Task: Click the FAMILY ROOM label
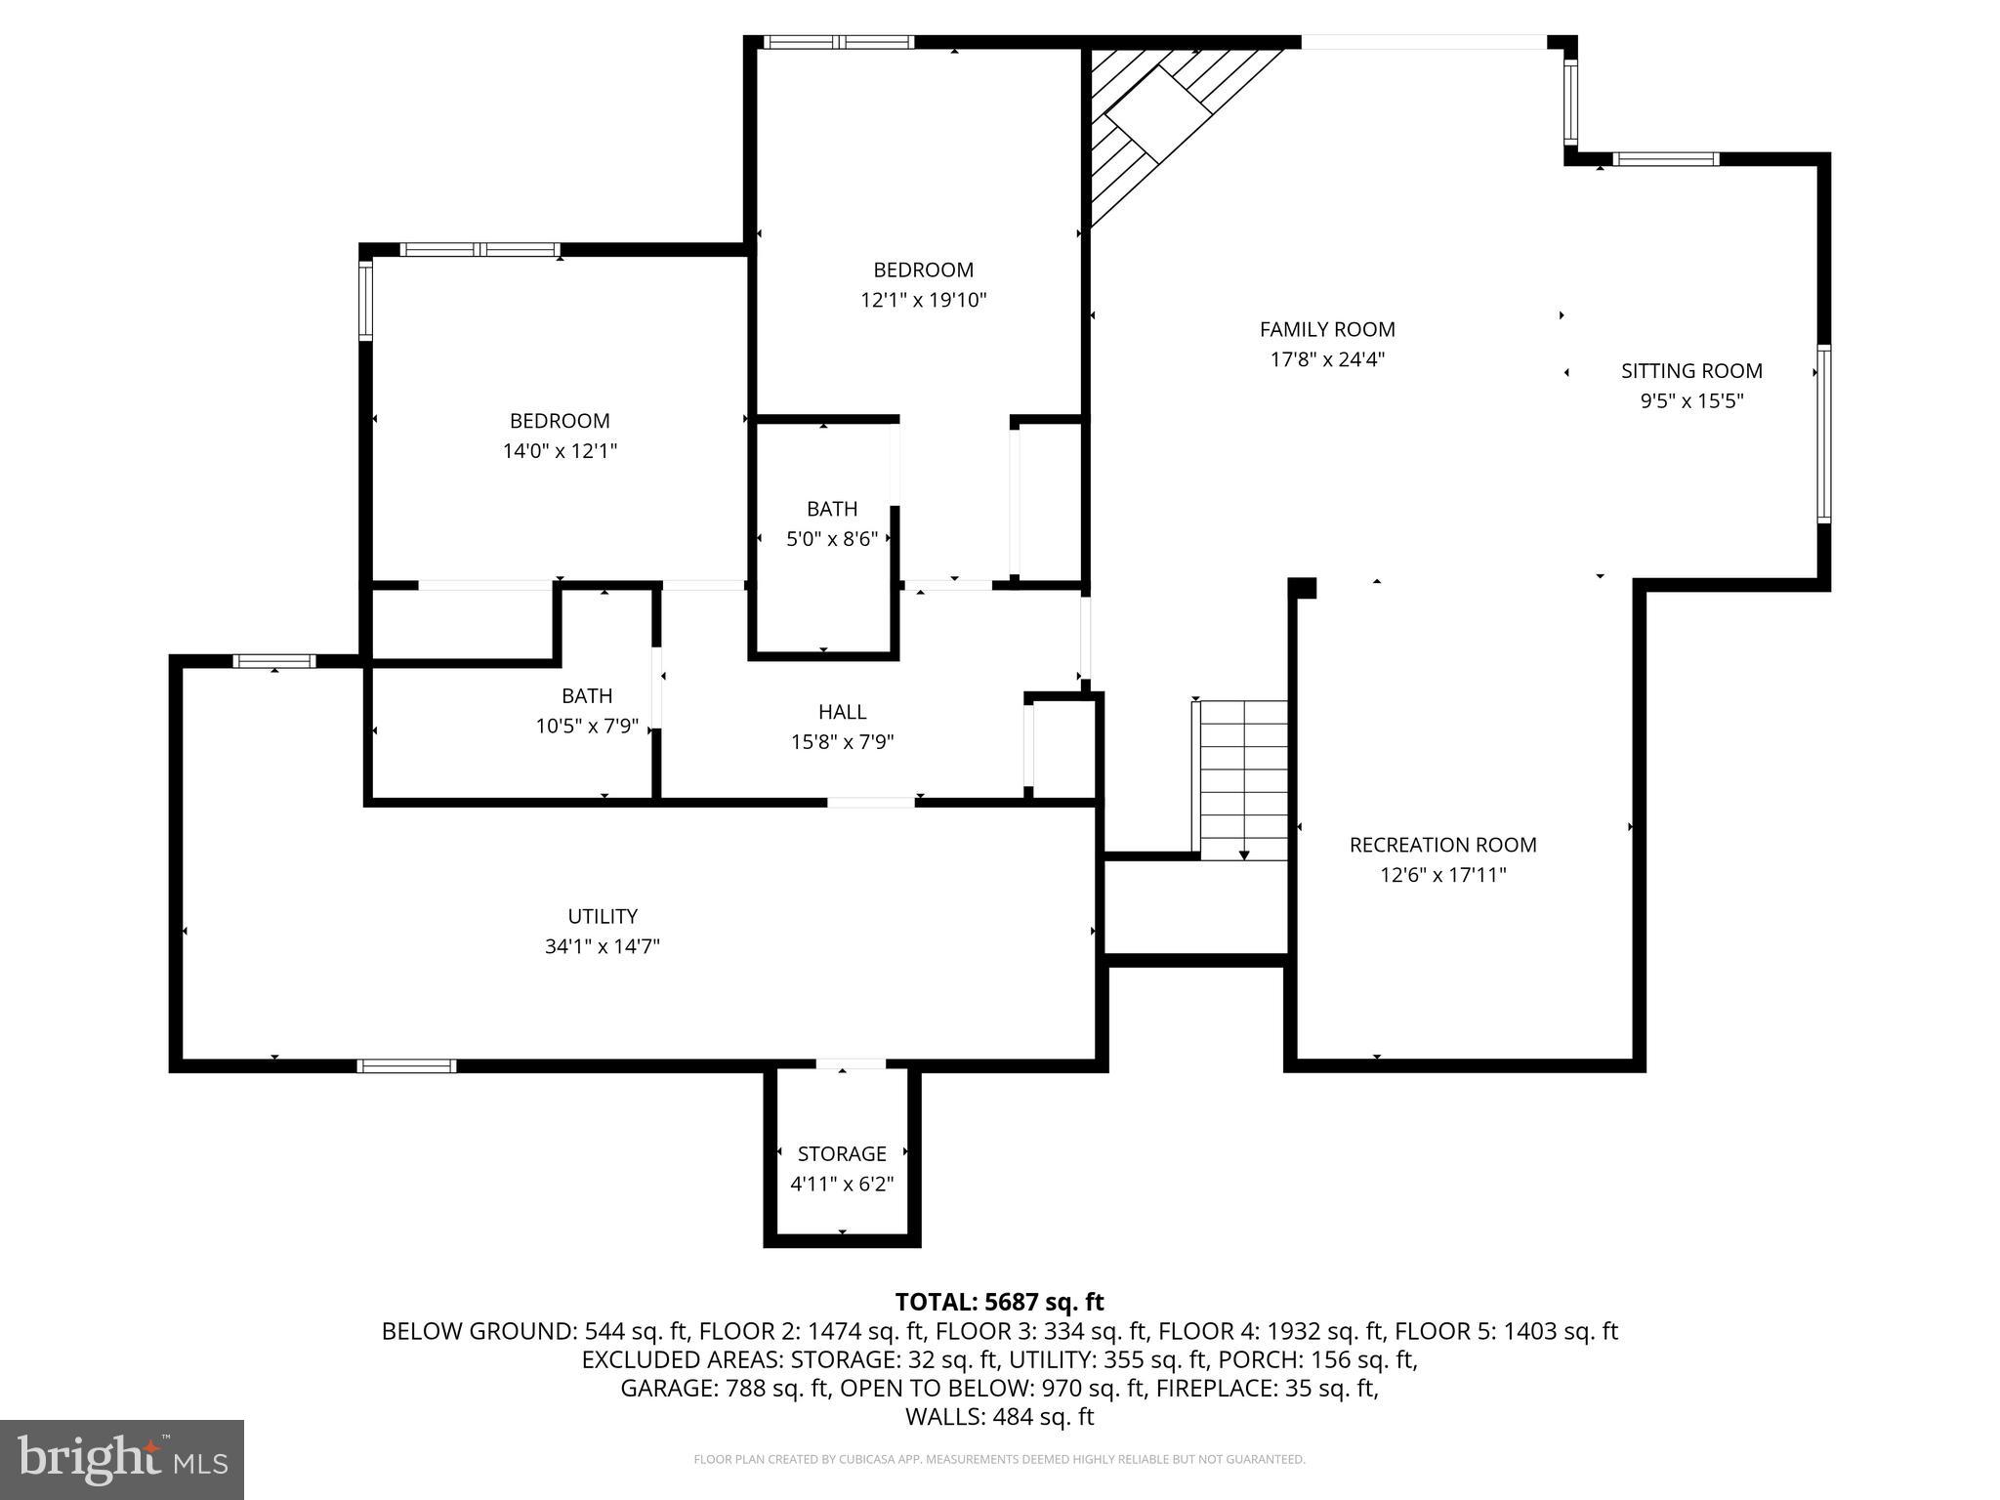(x=1326, y=330)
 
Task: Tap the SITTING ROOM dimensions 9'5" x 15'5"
(x=1691, y=401)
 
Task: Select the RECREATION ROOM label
(x=1442, y=845)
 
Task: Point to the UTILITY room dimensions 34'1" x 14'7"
(x=603, y=946)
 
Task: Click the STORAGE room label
(x=842, y=1154)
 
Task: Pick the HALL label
(x=842, y=712)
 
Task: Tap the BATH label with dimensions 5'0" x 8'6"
(x=832, y=509)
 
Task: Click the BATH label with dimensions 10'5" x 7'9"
(x=587, y=696)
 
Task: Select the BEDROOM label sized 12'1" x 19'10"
(x=923, y=270)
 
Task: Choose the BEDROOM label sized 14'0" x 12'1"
(x=560, y=421)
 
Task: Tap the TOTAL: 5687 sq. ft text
(x=999, y=1302)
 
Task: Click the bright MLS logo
(x=122, y=1460)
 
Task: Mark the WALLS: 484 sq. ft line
(x=999, y=1417)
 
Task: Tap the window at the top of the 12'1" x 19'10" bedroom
(x=838, y=42)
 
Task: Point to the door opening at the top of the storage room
(x=851, y=1064)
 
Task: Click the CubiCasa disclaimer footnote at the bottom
(x=999, y=1460)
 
